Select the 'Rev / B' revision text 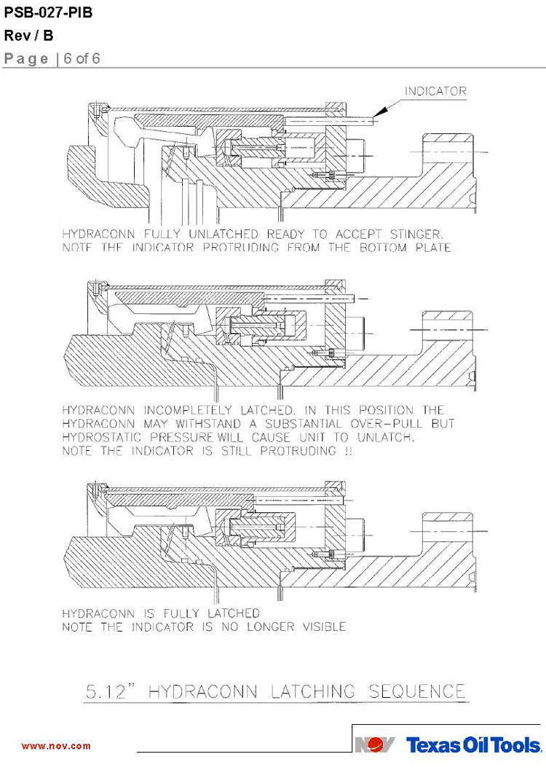28,36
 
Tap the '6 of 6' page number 82,59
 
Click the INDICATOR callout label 435,92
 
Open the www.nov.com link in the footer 56,746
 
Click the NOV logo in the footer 376,745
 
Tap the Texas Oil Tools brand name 474,745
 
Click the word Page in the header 27,59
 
